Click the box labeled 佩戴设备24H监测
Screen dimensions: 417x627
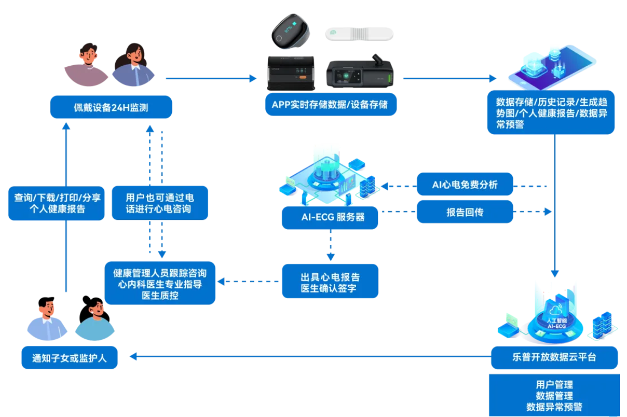[x=111, y=108]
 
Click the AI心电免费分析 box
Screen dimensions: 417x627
[x=464, y=185]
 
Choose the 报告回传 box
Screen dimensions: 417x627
[x=464, y=212]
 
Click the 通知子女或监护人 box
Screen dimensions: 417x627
[x=69, y=358]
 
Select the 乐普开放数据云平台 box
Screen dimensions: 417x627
[x=554, y=357]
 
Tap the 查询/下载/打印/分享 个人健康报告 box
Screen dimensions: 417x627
[x=56, y=203]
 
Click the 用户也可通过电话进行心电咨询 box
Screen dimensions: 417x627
[x=159, y=203]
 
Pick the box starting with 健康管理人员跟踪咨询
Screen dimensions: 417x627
[x=160, y=283]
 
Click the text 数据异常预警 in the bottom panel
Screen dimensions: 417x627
[x=554, y=406]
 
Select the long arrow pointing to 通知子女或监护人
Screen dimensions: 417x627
[x=310, y=357]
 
